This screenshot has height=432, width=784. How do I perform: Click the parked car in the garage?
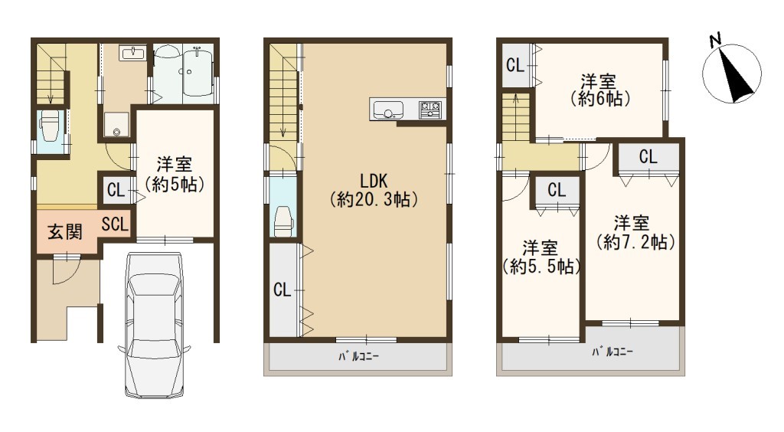[x=154, y=325]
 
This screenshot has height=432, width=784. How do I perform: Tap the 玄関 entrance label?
[x=64, y=232]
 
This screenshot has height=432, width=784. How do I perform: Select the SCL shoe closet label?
[x=115, y=224]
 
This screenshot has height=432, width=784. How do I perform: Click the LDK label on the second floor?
[x=374, y=181]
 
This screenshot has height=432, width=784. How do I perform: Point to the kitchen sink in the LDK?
[x=387, y=110]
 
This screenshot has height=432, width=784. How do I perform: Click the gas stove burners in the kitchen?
[x=430, y=109]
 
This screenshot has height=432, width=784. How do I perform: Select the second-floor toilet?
[x=283, y=220]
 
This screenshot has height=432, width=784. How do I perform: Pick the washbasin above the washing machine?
[x=132, y=53]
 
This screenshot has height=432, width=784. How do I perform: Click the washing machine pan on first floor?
[x=116, y=124]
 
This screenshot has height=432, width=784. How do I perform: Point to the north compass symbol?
[x=732, y=74]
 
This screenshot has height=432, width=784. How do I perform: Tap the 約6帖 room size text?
[x=600, y=99]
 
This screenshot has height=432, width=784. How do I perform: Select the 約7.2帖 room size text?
[x=635, y=242]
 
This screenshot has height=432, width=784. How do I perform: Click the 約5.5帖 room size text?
[x=542, y=267]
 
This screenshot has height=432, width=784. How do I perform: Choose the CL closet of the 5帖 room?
[x=116, y=190]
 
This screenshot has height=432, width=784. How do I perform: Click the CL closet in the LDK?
[x=283, y=290]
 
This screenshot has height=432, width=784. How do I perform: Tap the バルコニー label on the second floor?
[x=358, y=356]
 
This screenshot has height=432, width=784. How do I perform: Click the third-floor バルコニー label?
[x=612, y=352]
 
